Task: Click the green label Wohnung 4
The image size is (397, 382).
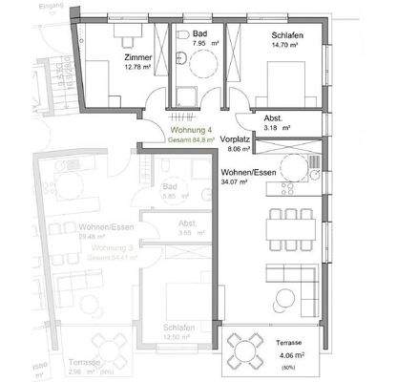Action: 191,129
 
